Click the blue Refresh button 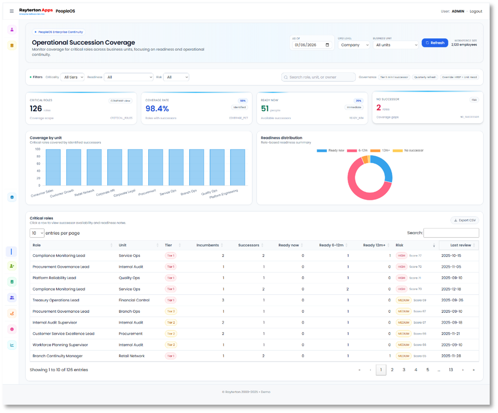(x=435, y=43)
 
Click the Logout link (x=476, y=11)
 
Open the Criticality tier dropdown (x=72, y=77)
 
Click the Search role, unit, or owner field (x=318, y=77)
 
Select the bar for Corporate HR (x=115, y=167)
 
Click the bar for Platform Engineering (x=237, y=167)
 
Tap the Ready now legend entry (x=331, y=150)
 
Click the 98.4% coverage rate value (x=157, y=108)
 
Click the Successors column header (x=248, y=245)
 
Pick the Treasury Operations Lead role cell (x=56, y=300)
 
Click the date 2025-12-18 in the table (x=451, y=289)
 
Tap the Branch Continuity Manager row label (x=57, y=356)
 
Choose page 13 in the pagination (x=450, y=370)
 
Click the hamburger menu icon (x=12, y=11)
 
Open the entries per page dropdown (x=37, y=233)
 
